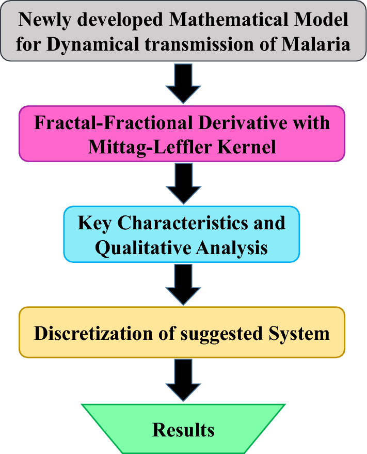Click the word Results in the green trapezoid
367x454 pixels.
pos(183,430)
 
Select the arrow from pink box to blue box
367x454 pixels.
pos(183,183)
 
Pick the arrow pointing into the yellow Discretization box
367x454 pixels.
pos(183,284)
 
